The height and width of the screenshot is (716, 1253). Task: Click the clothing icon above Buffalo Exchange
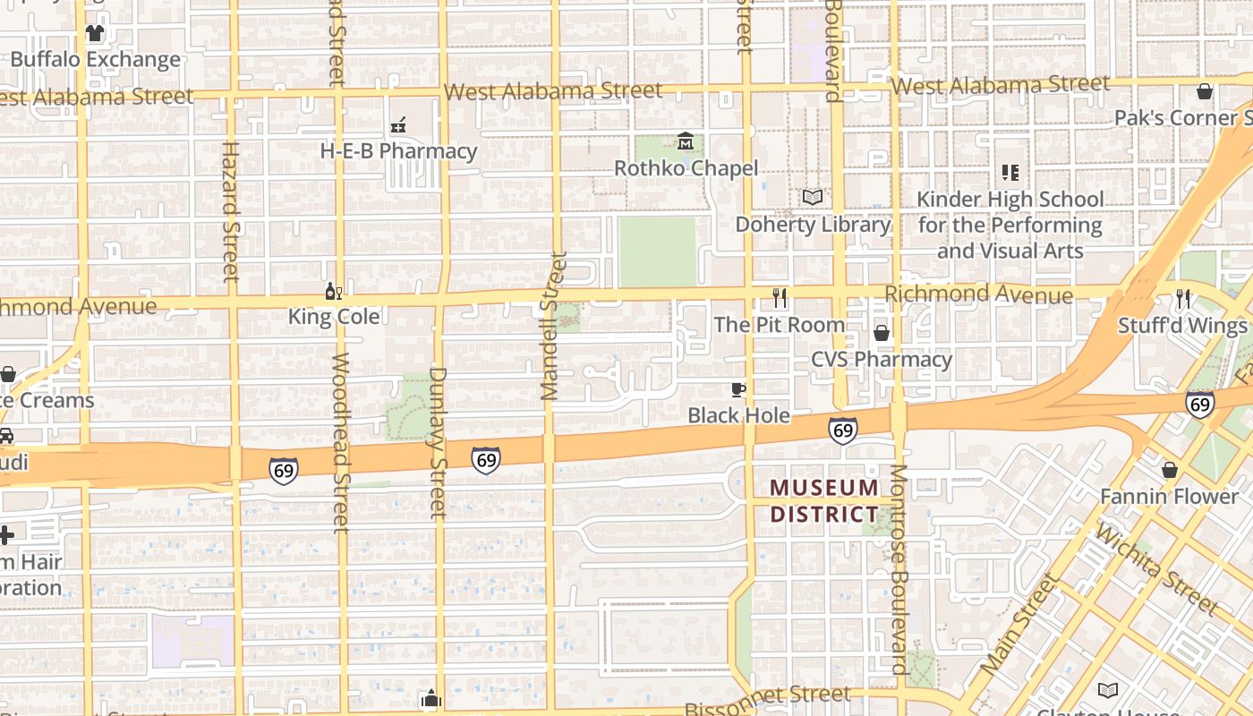pos(94,33)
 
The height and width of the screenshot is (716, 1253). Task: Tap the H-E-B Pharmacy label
pos(398,151)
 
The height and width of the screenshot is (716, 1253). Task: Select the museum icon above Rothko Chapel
pos(686,141)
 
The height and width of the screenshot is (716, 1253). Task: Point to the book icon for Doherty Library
pos(813,197)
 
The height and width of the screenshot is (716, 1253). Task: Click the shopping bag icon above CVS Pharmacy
pos(882,333)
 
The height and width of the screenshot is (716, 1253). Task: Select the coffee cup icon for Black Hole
pos(738,389)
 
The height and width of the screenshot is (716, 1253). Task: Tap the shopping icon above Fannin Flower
pos(1169,470)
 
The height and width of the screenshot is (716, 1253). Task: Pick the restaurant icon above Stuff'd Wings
pos(1183,299)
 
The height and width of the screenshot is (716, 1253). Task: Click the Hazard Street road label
pos(231,211)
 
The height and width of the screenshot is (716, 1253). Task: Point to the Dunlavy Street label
pos(438,442)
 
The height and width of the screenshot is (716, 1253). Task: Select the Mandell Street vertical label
pos(553,326)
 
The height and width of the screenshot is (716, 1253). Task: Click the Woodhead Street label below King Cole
pos(341,443)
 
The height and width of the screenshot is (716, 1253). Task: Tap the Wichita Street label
pos(1156,569)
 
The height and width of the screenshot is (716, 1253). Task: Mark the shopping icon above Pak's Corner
pos(1205,91)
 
